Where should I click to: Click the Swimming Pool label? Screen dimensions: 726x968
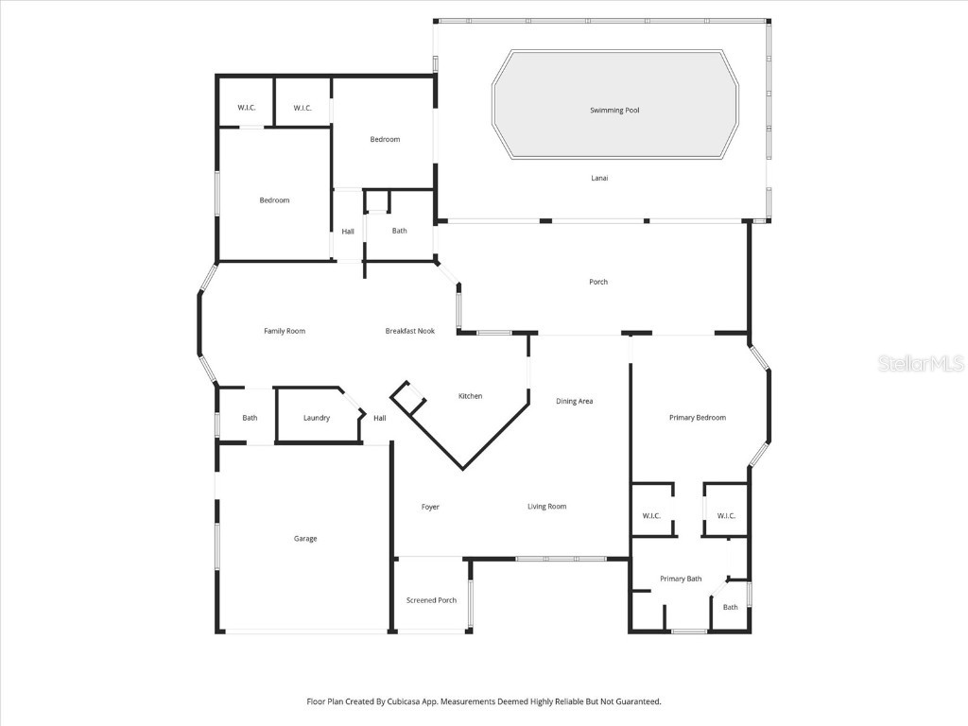pos(614,111)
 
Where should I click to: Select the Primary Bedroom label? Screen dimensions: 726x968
pos(698,417)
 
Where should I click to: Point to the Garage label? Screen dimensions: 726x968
pos(305,538)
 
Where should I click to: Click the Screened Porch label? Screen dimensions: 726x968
pos(431,600)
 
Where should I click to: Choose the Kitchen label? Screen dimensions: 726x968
pos(470,396)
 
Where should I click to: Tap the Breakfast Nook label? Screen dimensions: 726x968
pos(409,331)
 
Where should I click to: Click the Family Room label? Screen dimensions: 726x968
pos(284,331)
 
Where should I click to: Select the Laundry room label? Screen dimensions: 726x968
pos(317,418)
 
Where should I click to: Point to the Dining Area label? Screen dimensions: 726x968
pos(574,402)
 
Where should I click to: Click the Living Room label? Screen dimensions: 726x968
pos(546,507)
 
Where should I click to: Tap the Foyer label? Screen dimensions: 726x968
pos(430,507)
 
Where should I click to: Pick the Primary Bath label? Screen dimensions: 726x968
pos(681,579)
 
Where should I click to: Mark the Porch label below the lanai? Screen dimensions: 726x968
pos(598,282)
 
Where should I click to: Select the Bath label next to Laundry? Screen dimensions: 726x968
pos(250,418)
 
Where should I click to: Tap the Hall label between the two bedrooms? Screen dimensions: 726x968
pos(348,231)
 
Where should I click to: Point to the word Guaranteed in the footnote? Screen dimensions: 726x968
pos(636,701)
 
